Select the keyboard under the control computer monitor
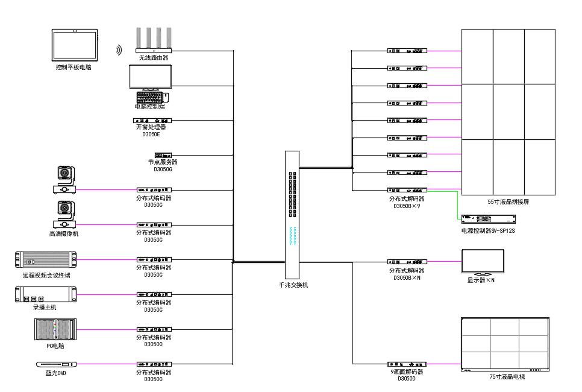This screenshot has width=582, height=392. pyautogui.click(x=149, y=96)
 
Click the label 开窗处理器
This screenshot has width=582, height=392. pyautogui.click(x=151, y=127)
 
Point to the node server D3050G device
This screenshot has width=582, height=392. pyautogui.click(x=163, y=155)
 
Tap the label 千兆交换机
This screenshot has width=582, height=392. pyautogui.click(x=293, y=285)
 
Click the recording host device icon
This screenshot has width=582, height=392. pyautogui.click(x=45, y=295)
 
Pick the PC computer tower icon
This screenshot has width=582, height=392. pyautogui.click(x=54, y=329)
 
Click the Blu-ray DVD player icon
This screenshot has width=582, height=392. pyautogui.click(x=57, y=364)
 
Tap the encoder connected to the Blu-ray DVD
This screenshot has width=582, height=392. pyautogui.click(x=154, y=364)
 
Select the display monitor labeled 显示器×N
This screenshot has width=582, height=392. pyautogui.click(x=482, y=262)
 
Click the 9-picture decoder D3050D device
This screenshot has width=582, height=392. pyautogui.click(x=407, y=364)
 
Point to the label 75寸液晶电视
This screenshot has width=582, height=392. pyautogui.click(x=507, y=376)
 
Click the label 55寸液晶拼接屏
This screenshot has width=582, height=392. pyautogui.click(x=508, y=201)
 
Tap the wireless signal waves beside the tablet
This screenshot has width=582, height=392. pyautogui.click(x=119, y=50)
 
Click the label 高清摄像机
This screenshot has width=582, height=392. pyautogui.click(x=64, y=233)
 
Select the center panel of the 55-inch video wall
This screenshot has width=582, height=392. pyautogui.click(x=508, y=112)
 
